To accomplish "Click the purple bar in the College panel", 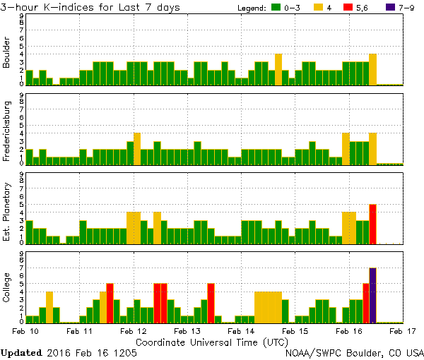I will pos(372,295).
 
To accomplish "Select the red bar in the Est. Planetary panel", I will pos(372,224).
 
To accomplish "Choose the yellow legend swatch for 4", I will pos(319,8).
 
